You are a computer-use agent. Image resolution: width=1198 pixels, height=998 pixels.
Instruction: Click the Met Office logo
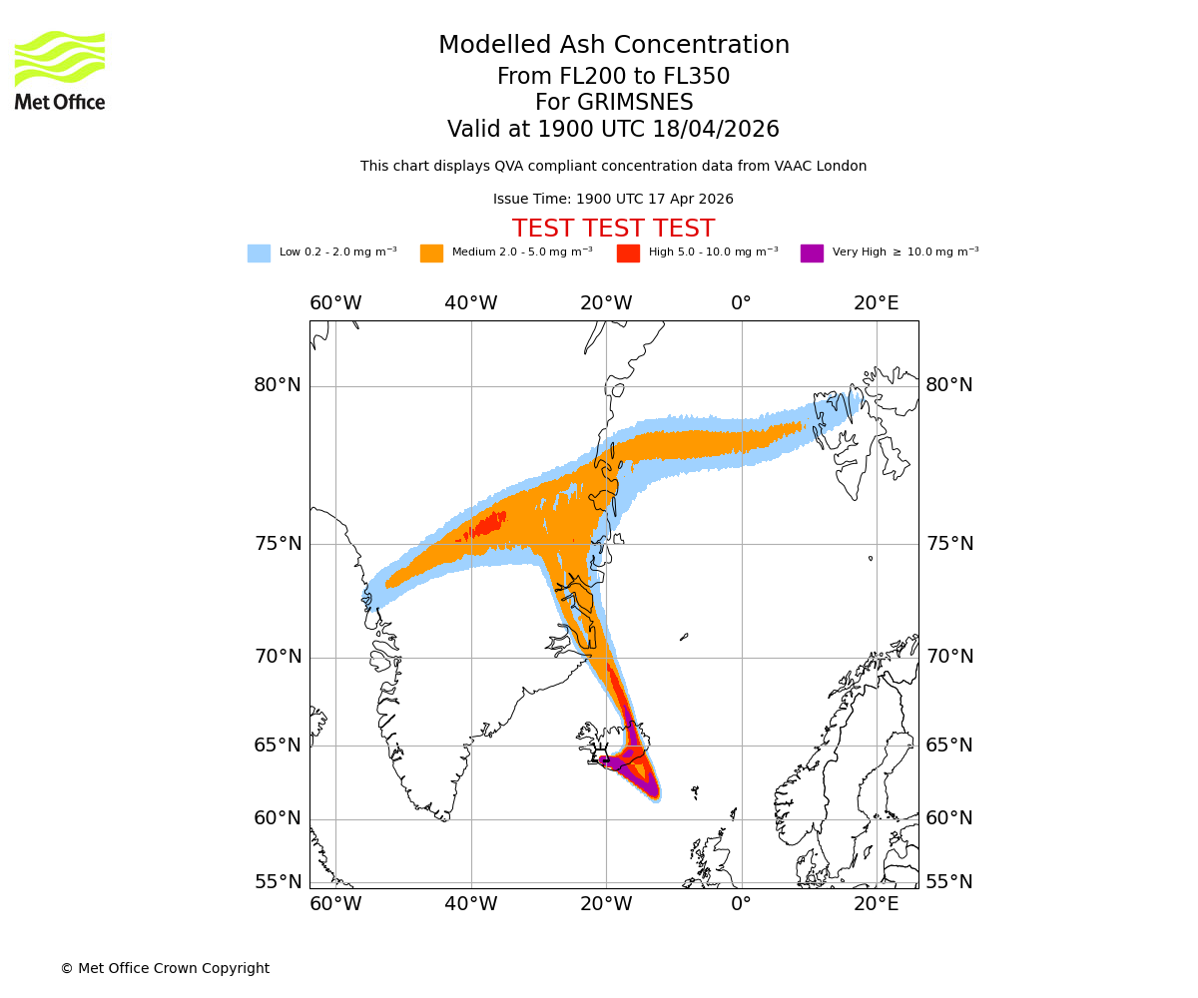click(x=60, y=70)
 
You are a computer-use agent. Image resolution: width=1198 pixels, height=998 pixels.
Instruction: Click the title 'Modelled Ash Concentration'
click(x=613, y=45)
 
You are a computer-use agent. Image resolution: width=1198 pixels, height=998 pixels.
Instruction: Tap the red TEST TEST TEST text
click(x=613, y=229)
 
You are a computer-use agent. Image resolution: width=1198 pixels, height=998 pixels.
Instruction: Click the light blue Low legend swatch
click(x=259, y=252)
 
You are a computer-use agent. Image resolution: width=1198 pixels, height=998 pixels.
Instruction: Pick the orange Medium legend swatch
click(x=431, y=252)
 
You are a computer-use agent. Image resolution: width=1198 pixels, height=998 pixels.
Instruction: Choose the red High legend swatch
click(x=628, y=252)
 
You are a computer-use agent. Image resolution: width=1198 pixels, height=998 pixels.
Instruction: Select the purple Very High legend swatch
click(x=812, y=252)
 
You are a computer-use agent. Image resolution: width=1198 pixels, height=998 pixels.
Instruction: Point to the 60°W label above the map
click(x=335, y=303)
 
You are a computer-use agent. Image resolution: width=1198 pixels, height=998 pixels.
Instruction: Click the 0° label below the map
click(x=741, y=904)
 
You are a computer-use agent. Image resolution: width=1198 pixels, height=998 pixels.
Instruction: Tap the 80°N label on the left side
click(x=277, y=385)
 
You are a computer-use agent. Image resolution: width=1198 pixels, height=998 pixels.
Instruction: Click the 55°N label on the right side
click(x=948, y=882)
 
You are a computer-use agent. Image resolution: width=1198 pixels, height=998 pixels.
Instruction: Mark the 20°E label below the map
click(x=876, y=904)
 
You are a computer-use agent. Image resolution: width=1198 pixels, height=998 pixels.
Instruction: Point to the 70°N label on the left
click(x=277, y=657)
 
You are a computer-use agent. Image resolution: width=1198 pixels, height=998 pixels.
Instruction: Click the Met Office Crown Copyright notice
click(x=165, y=968)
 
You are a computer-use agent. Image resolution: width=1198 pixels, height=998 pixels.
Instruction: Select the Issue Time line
click(x=613, y=199)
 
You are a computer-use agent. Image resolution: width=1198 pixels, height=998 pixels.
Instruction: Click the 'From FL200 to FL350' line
click(x=613, y=77)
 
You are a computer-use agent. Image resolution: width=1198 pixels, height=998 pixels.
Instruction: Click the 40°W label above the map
click(x=470, y=303)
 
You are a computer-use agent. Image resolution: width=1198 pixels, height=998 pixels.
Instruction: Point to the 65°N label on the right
click(x=948, y=746)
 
